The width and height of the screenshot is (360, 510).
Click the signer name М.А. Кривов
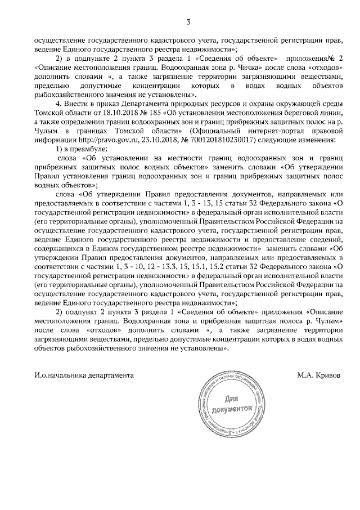pos(319,374)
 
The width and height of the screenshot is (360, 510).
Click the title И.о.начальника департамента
pos(84,374)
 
